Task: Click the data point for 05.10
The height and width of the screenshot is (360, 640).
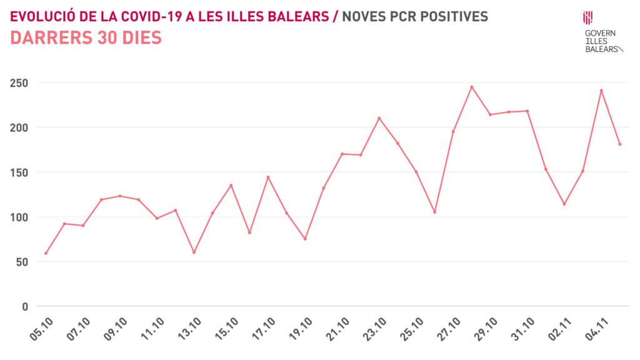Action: pyautogui.click(x=46, y=253)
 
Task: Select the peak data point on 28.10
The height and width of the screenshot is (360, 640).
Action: pyautogui.click(x=472, y=87)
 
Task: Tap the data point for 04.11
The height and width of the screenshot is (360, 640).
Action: pyautogui.click(x=601, y=91)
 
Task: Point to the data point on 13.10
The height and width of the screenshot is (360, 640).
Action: pyautogui.click(x=194, y=252)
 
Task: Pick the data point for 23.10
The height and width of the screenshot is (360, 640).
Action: pyautogui.click(x=379, y=118)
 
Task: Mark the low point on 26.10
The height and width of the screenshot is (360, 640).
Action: pyautogui.click(x=434, y=212)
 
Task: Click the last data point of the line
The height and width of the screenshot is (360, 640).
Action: pyautogui.click(x=619, y=144)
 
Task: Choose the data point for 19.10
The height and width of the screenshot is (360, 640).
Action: pyautogui.click(x=305, y=239)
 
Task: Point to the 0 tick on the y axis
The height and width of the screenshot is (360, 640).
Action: pyautogui.click(x=25, y=306)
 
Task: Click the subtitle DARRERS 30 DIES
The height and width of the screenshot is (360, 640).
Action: pyautogui.click(x=86, y=38)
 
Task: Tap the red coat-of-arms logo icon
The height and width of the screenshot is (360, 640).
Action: pyautogui.click(x=588, y=17)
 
